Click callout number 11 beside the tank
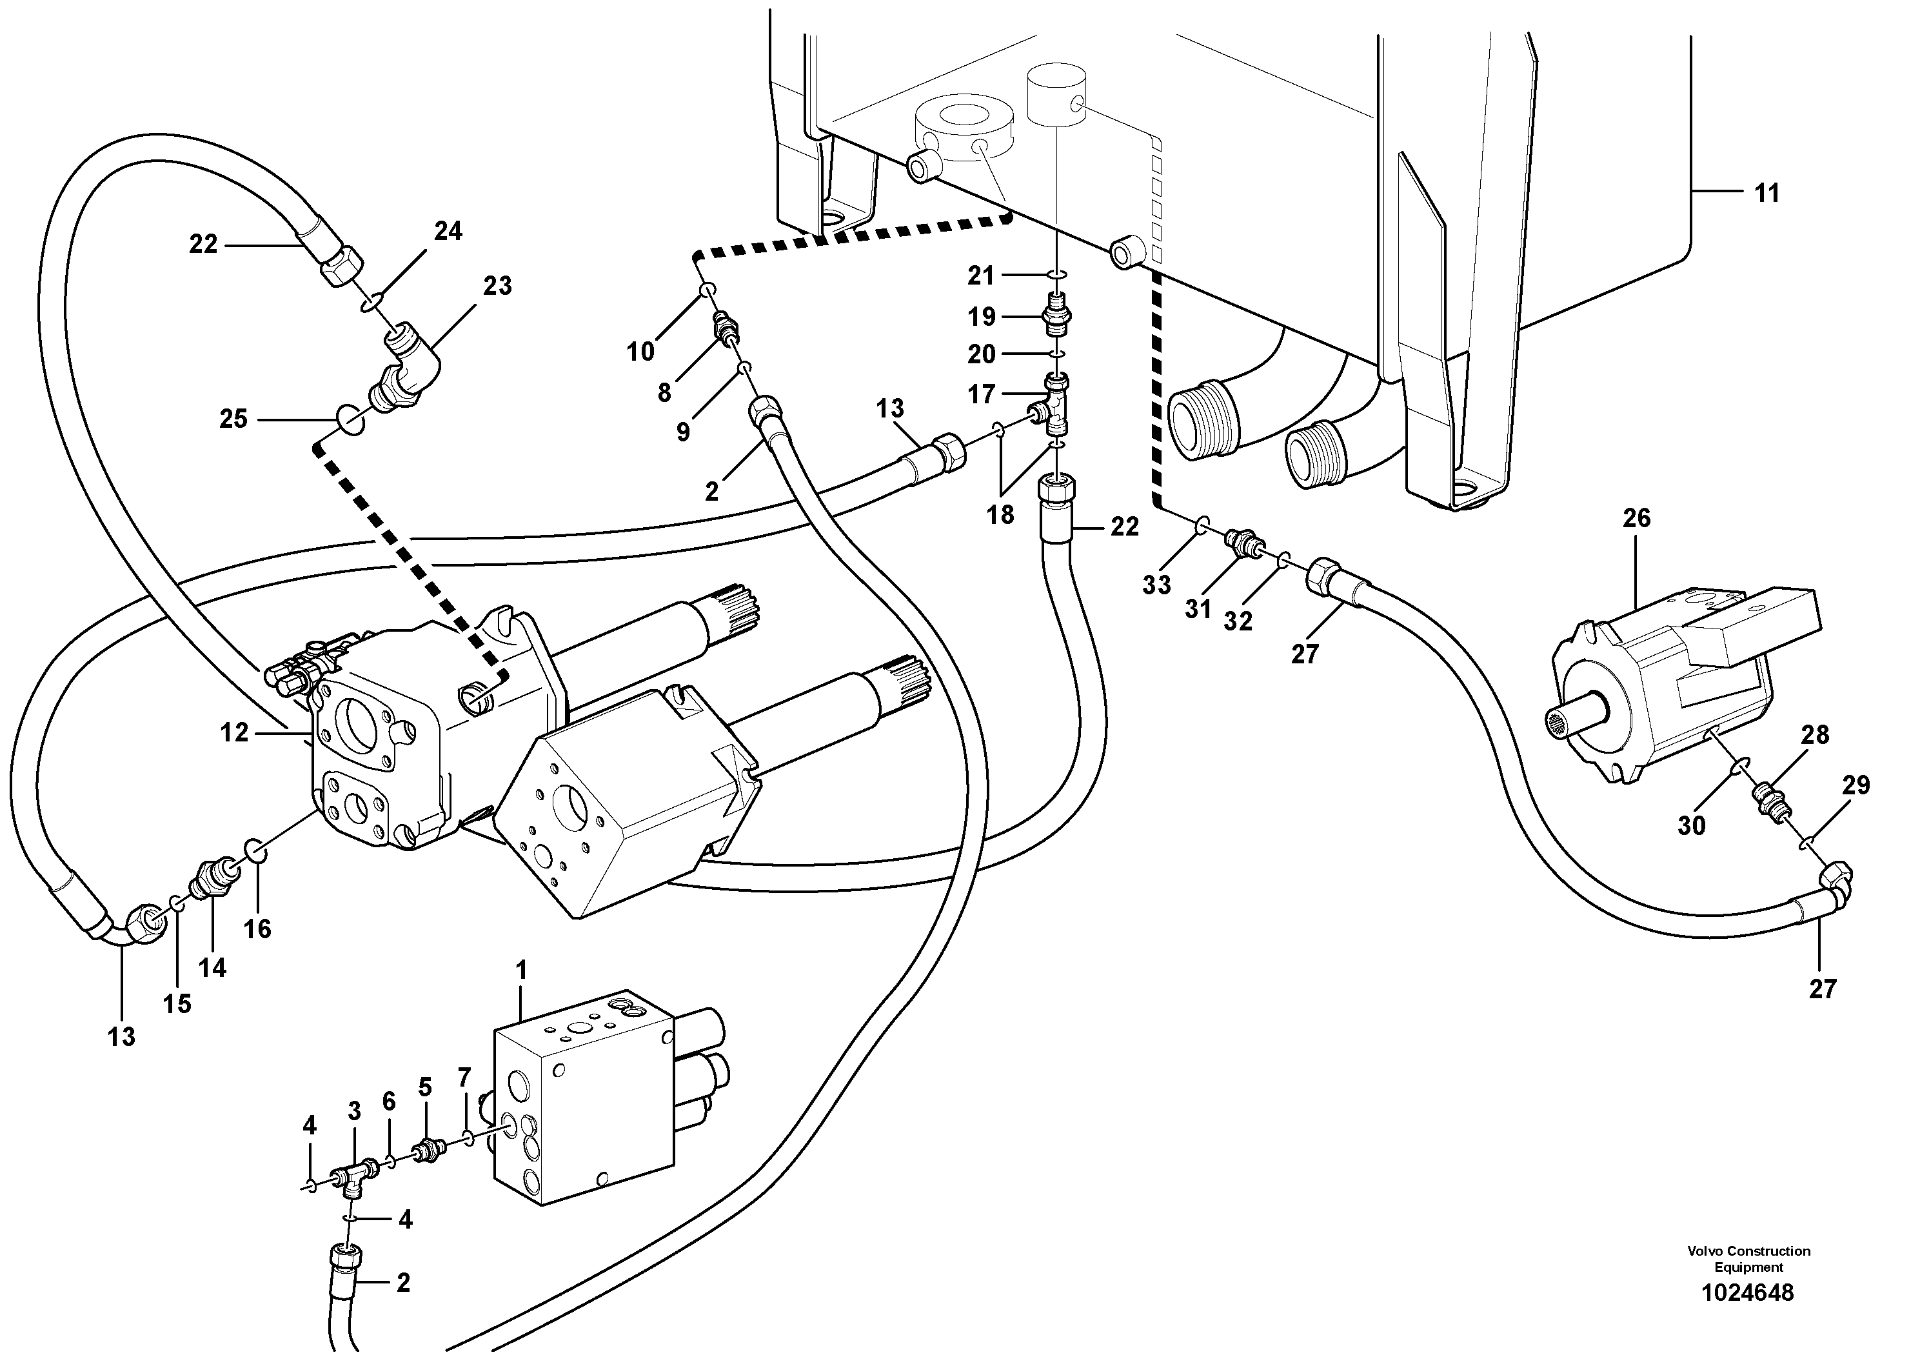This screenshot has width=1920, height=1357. tap(1766, 194)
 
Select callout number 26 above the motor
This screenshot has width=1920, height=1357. tap(1636, 519)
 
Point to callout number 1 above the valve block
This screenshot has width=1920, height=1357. tap(522, 970)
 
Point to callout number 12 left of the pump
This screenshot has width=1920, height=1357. tap(234, 733)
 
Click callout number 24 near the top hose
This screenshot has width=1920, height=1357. tap(448, 231)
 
